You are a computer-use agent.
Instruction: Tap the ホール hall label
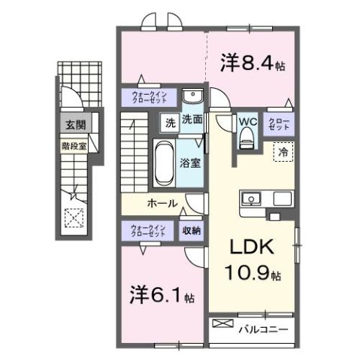click(x=162, y=204)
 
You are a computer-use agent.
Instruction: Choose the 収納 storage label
click(x=191, y=230)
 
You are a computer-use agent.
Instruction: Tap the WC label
click(x=248, y=120)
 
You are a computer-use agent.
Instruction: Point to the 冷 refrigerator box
click(x=283, y=151)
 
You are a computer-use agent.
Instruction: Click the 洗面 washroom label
click(x=192, y=119)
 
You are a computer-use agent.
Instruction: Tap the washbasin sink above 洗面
click(x=192, y=99)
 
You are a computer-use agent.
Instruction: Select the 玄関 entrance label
click(x=74, y=126)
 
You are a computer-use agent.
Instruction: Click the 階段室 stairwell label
click(x=74, y=145)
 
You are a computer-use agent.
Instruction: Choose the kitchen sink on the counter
click(x=251, y=199)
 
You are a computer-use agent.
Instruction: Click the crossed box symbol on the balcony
click(x=223, y=323)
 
